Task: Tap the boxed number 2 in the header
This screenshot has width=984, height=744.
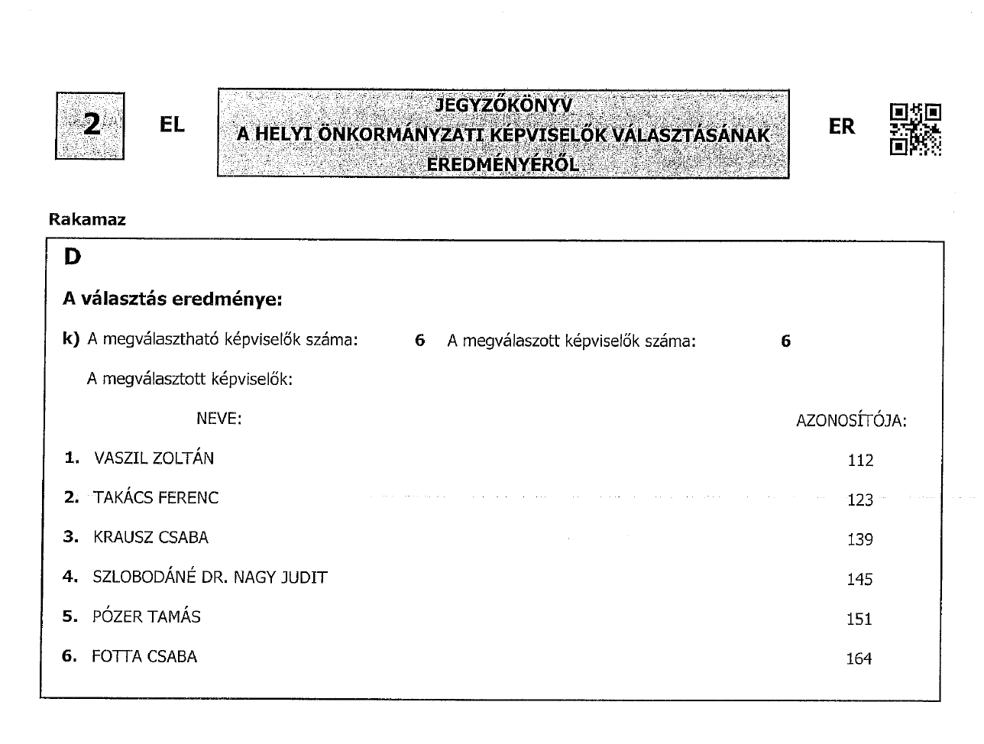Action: click(90, 125)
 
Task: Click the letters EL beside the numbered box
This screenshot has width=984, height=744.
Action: click(172, 125)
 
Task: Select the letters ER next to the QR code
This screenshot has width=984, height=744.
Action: click(841, 127)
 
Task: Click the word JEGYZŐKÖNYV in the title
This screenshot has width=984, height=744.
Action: click(503, 105)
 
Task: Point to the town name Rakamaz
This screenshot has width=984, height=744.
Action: click(87, 220)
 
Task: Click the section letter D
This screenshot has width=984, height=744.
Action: click(72, 257)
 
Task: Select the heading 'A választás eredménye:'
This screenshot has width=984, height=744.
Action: click(173, 299)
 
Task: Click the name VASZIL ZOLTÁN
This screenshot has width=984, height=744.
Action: click(154, 458)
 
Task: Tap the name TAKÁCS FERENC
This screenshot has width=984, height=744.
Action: click(156, 498)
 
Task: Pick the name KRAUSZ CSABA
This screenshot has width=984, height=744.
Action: click(151, 538)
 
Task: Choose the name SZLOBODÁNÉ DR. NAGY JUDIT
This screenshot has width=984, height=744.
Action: click(210, 577)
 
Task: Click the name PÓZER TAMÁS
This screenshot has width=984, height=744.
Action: click(147, 617)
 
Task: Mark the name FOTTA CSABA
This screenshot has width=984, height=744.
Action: click(144, 657)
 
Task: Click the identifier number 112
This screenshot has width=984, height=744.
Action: click(860, 461)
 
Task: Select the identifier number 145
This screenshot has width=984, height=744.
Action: click(859, 580)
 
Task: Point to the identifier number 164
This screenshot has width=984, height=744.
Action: click(859, 659)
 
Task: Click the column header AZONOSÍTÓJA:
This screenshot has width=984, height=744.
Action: click(851, 421)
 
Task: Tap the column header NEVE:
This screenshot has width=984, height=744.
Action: click(218, 419)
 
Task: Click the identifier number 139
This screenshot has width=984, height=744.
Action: click(859, 540)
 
